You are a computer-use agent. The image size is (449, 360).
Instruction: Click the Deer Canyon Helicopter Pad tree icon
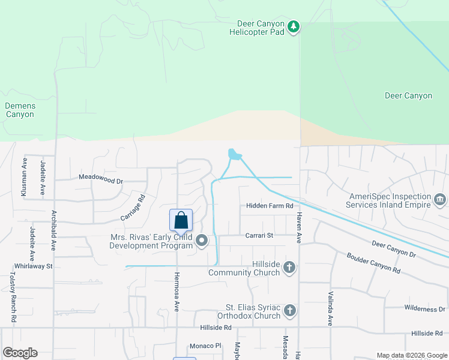293,26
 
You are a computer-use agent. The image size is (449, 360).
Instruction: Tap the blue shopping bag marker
181,221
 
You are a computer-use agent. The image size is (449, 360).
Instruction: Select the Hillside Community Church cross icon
289,267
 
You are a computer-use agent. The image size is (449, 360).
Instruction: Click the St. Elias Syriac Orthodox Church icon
289,310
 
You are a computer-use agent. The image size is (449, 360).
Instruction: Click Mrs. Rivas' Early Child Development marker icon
202,241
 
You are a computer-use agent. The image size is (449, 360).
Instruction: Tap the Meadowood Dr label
101,179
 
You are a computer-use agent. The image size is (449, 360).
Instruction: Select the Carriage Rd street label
133,206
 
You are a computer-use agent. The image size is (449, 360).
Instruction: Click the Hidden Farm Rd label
270,206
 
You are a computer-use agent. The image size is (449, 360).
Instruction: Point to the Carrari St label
259,235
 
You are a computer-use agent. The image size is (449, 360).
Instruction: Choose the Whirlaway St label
34,266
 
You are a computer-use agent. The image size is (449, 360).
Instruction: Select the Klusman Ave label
25,178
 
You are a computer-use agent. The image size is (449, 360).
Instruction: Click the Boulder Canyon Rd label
373,263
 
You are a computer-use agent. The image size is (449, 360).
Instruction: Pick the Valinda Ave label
330,307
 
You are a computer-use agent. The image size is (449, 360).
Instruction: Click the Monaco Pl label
206,346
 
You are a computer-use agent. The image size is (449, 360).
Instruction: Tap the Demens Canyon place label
20,110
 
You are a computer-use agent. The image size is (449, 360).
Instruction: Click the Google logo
20,353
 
